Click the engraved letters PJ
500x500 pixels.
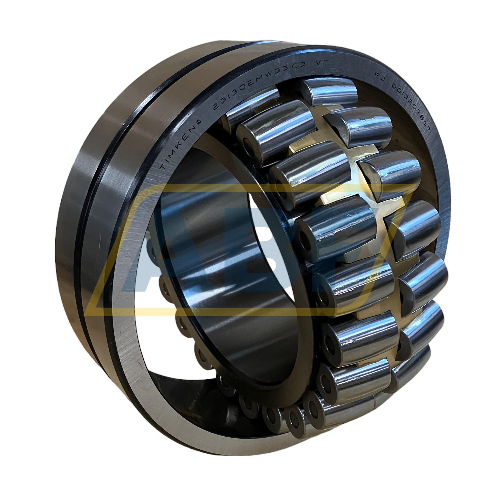(380, 76)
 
